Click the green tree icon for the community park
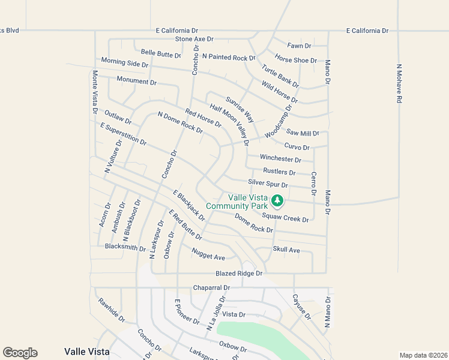point(277,200)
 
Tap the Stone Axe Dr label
point(194,39)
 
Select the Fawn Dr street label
point(299,46)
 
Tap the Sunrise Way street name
point(240,109)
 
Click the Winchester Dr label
point(280,159)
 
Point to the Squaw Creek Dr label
point(285,219)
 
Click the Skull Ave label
point(286,250)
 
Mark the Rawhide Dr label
point(112,310)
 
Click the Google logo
point(20,353)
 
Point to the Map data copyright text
point(423,355)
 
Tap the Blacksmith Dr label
point(125,248)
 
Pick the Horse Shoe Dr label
point(295,60)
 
